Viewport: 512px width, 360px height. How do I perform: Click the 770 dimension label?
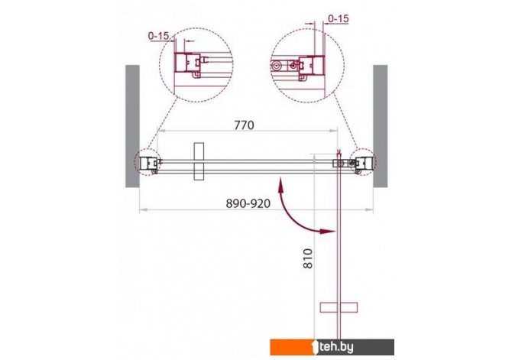pyautogui.click(x=244, y=125)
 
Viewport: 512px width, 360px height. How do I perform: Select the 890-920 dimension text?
pyautogui.click(x=248, y=203)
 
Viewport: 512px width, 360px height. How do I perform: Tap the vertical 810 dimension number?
pyautogui.click(x=308, y=258)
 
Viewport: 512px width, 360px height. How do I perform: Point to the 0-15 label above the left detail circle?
pyautogui.click(x=159, y=36)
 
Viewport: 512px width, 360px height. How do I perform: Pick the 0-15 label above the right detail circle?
pyautogui.click(x=339, y=18)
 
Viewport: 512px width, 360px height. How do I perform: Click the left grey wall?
pyautogui.click(x=132, y=126)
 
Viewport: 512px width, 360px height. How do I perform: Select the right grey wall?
pyautogui.click(x=381, y=126)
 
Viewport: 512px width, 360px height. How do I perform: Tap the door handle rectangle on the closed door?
pyautogui.click(x=199, y=161)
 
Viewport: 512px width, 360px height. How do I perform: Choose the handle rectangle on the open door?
pyautogui.click(x=339, y=307)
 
